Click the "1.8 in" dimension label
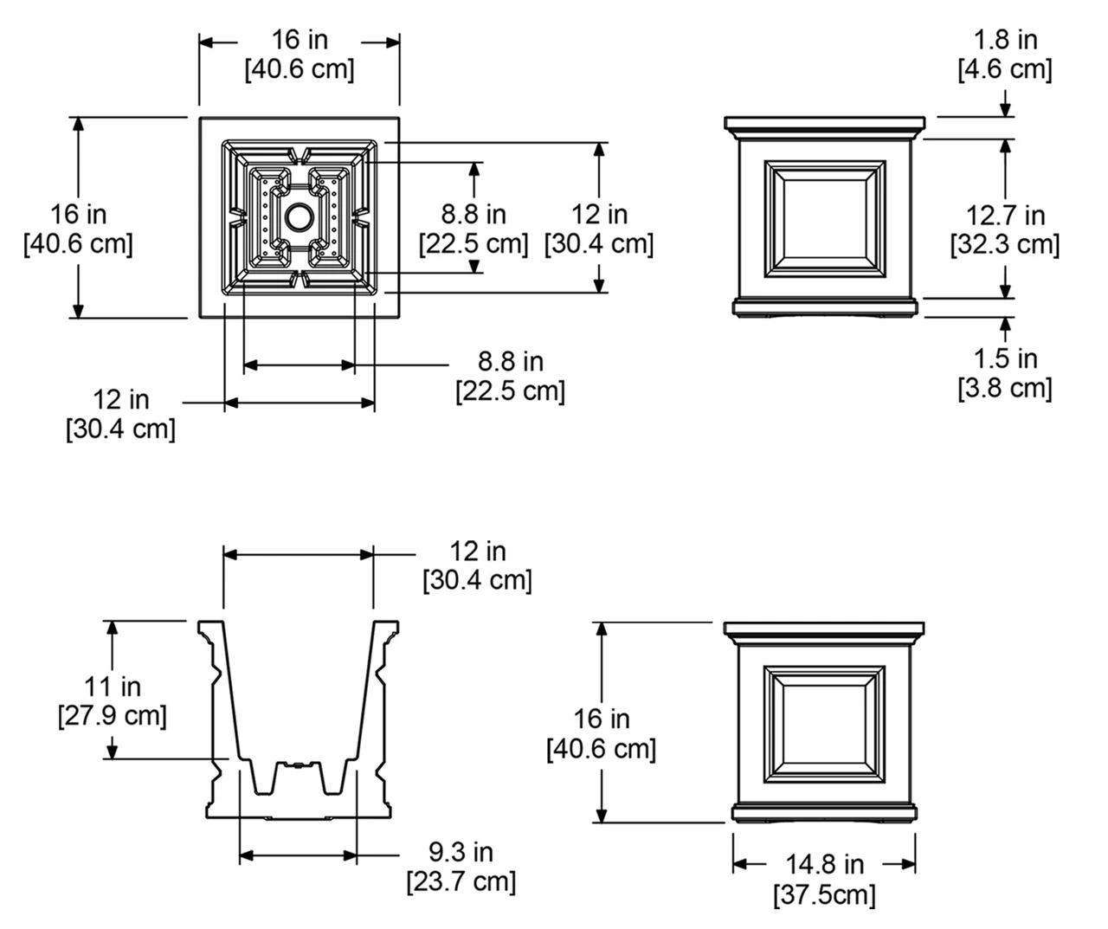pos(1005,40)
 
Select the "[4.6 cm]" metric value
pos(1005,69)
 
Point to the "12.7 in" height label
pos(1005,215)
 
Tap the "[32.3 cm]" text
pos(1005,244)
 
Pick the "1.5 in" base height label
pos(1005,358)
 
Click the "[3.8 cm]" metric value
pos(1005,388)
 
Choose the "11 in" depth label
pos(113,687)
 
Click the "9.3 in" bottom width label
pos(461,853)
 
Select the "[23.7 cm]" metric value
pos(461,882)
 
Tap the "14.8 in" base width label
pos(824,864)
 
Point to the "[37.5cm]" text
pos(824,894)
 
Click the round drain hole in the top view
pos(299,217)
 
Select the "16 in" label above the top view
pos(300,40)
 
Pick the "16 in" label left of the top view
pos(78,214)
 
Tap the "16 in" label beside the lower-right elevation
pos(601,719)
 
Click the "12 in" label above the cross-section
pos(477,551)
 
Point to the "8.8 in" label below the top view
pos(510,361)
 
